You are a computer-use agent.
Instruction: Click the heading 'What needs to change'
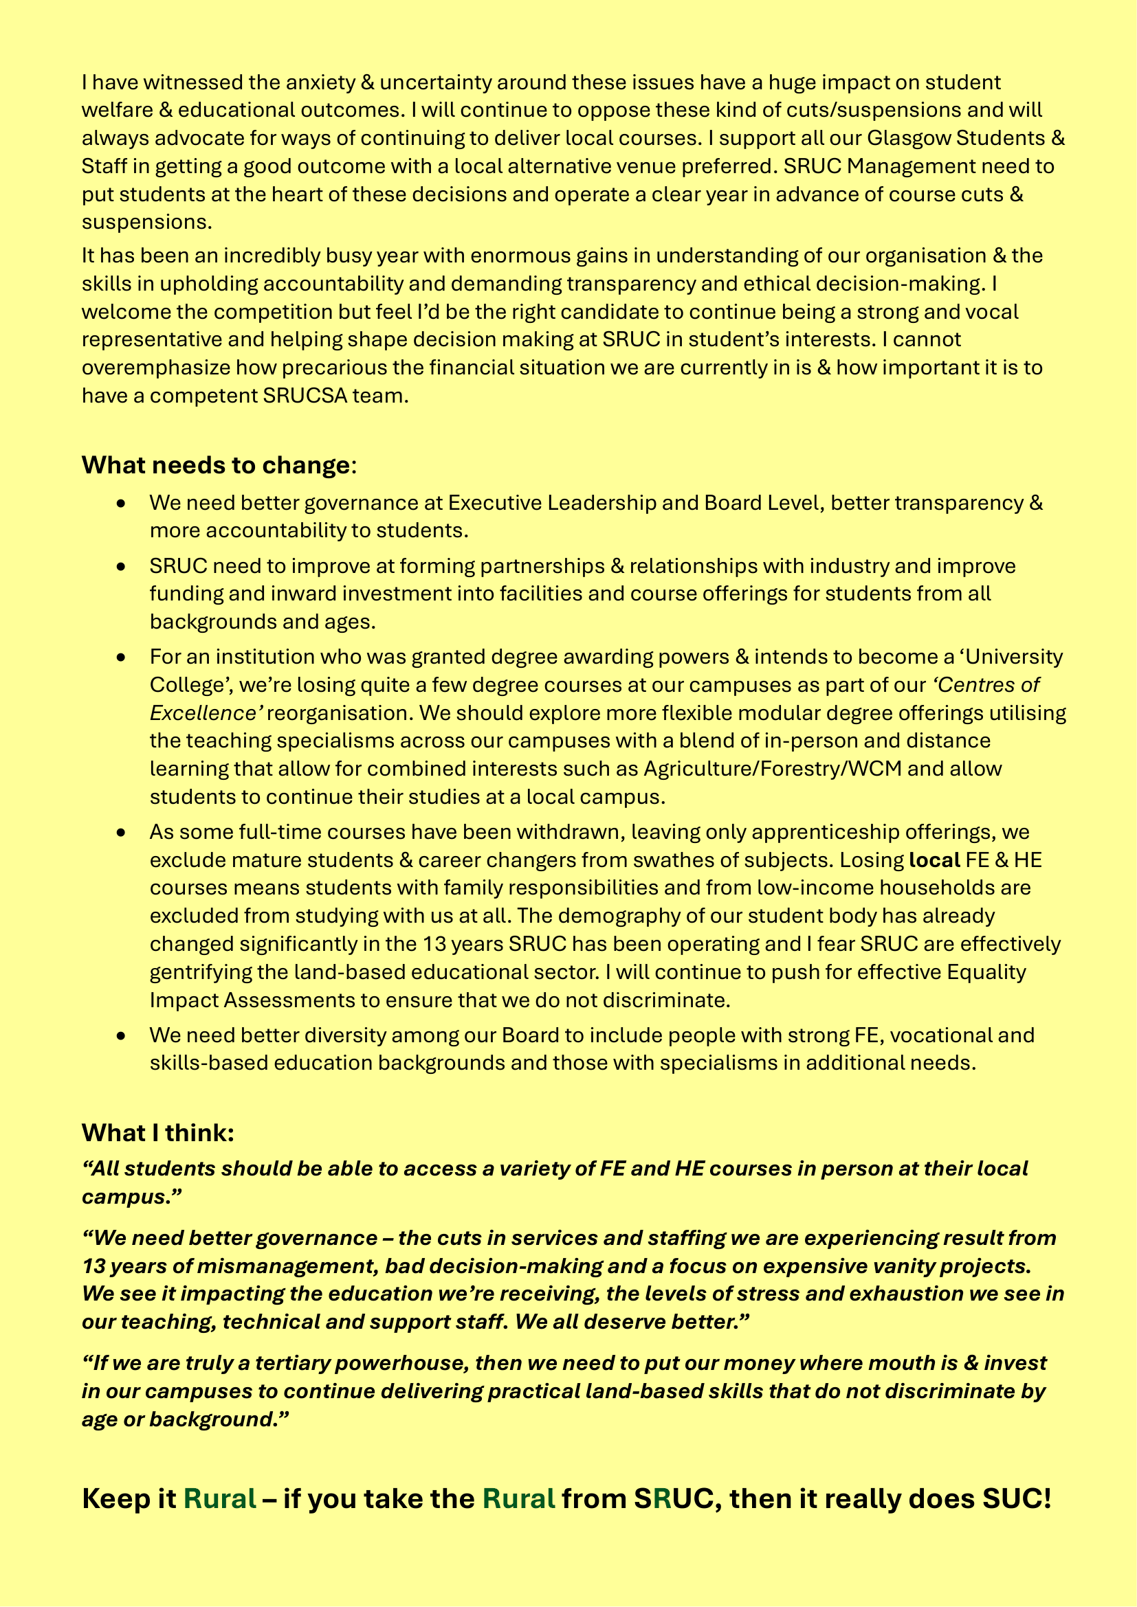pos(216,465)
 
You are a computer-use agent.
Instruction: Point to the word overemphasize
pos(155,368)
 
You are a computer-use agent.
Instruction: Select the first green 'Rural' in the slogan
pos(220,1499)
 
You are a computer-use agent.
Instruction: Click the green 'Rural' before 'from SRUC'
pos(519,1499)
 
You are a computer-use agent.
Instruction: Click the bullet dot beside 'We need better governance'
pos(122,503)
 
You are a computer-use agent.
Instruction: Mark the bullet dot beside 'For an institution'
pos(122,658)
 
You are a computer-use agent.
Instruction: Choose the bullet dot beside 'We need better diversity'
pos(122,1036)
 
